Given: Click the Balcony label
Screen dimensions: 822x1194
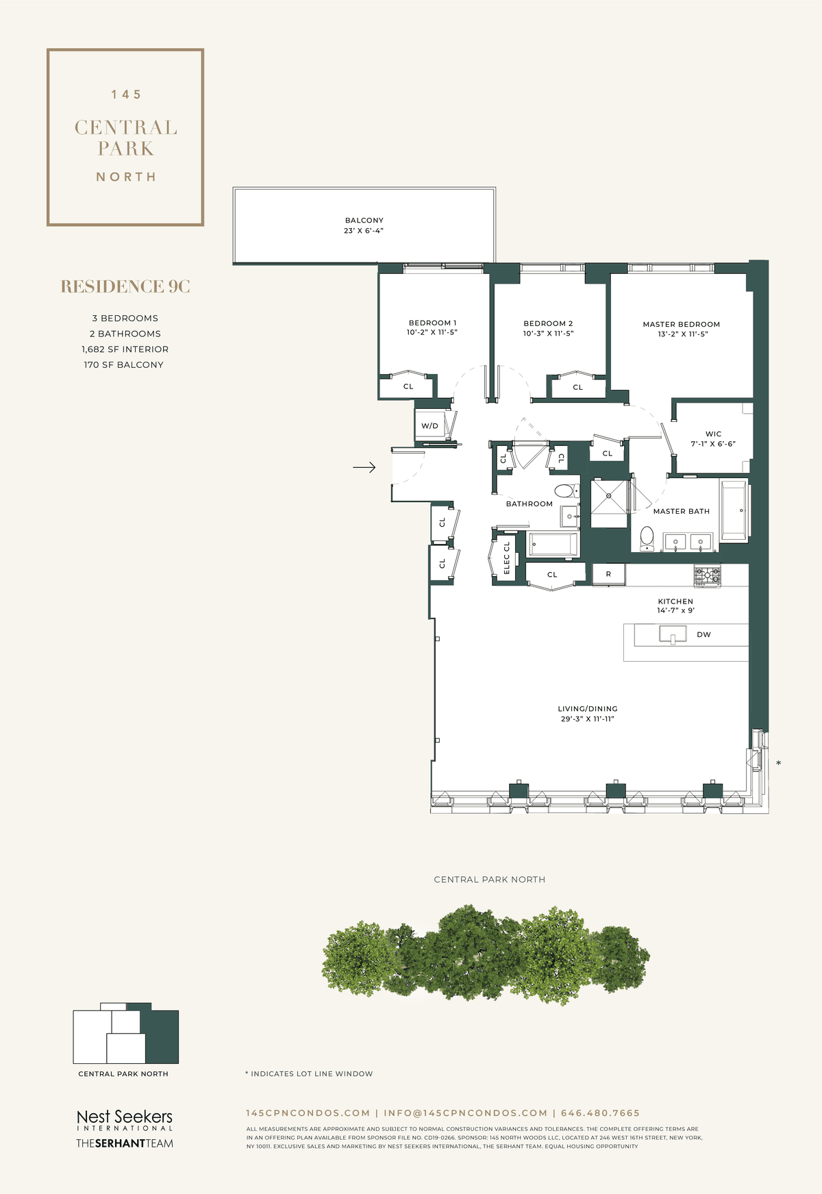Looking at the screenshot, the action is point(364,221).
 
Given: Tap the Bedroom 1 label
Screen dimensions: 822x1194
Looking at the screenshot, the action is point(432,323).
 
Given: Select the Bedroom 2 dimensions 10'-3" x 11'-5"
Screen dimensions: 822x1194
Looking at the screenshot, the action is point(548,334).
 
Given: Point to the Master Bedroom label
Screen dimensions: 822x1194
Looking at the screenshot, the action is point(682,324).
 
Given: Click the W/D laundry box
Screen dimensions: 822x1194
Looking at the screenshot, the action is point(430,425).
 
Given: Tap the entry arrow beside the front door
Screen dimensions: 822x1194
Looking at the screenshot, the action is point(364,468).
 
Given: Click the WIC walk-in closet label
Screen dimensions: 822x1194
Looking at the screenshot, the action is point(713,434).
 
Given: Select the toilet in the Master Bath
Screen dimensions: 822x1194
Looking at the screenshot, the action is point(646,538).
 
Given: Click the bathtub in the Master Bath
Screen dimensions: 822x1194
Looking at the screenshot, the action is point(734,510).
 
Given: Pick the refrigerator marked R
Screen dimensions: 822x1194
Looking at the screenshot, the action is point(608,574).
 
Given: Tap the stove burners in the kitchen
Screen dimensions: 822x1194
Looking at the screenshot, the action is point(707,575).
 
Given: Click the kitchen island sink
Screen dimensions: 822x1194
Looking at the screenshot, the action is point(673,634).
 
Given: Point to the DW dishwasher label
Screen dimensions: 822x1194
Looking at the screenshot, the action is point(703,634).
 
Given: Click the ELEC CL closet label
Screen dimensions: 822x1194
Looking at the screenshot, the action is point(507,558).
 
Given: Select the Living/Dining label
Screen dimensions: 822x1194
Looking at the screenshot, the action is point(588,709).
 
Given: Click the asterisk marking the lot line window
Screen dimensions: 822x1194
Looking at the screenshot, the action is point(778,763).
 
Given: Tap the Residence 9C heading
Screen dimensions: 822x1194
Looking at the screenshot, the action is point(125,286).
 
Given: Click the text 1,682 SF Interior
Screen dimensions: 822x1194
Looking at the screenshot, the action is point(125,349).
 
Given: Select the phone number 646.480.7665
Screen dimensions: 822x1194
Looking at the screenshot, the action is point(600,1113).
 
